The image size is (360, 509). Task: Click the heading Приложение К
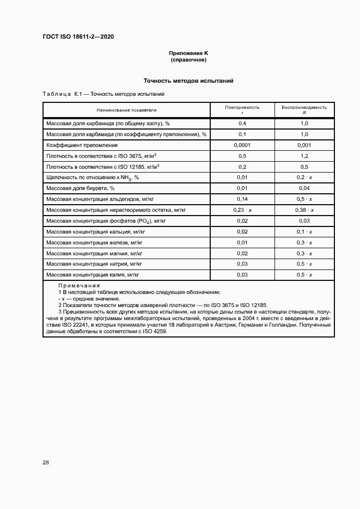click(188, 53)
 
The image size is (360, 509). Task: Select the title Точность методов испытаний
click(188, 81)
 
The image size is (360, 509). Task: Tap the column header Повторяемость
click(242, 107)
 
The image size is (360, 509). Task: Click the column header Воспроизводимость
click(304, 107)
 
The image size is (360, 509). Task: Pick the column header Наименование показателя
click(127, 109)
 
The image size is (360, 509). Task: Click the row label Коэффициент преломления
click(82, 145)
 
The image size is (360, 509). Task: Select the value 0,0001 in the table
click(242, 145)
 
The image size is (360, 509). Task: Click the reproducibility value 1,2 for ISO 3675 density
click(304, 156)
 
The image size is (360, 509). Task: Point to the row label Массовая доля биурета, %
click(81, 188)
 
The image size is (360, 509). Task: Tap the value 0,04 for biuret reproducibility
click(304, 188)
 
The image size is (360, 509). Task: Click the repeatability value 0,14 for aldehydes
click(242, 199)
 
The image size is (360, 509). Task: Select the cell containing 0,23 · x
click(242, 210)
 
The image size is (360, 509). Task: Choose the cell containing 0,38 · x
click(304, 210)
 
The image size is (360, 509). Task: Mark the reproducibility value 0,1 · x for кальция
click(304, 231)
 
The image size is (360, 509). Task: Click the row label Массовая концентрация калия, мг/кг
click(93, 275)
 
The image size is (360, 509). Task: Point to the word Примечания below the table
click(79, 286)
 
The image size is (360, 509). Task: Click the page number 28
click(46, 462)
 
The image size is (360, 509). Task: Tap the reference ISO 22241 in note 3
click(69, 325)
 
